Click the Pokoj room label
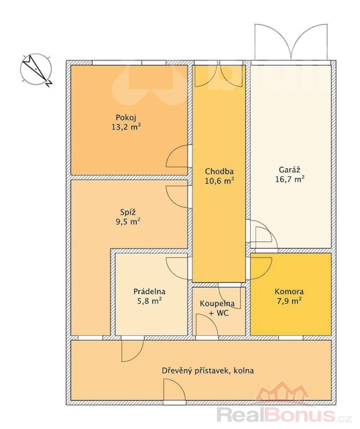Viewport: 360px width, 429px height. (126, 118)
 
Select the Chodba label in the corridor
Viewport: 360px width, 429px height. (219, 172)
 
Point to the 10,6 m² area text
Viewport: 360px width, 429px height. (219, 181)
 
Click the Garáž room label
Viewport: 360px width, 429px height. (290, 170)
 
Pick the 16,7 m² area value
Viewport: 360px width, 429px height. (290, 179)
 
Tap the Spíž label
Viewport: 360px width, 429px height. (128, 212)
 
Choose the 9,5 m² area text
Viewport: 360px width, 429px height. (128, 221)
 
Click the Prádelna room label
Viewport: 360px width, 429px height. (149, 292)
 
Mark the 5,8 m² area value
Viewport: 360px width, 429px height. (149, 301)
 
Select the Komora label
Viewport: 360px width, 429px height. (289, 292)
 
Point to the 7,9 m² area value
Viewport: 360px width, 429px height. (289, 301)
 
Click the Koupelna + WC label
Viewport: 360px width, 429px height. (217, 308)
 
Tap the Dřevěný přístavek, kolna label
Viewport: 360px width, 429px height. (208, 371)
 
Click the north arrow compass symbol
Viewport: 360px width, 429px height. (36, 70)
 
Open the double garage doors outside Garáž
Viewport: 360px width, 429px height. (291, 42)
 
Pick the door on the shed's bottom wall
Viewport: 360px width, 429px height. (174, 390)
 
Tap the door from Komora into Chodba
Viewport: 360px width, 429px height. (261, 268)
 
